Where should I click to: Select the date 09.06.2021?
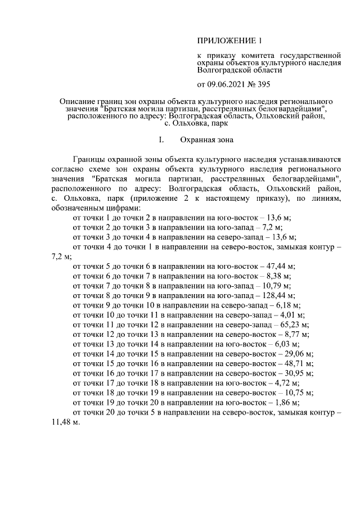pyautogui.click(x=227, y=85)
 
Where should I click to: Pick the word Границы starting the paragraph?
pyautogui.click(x=88, y=159)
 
